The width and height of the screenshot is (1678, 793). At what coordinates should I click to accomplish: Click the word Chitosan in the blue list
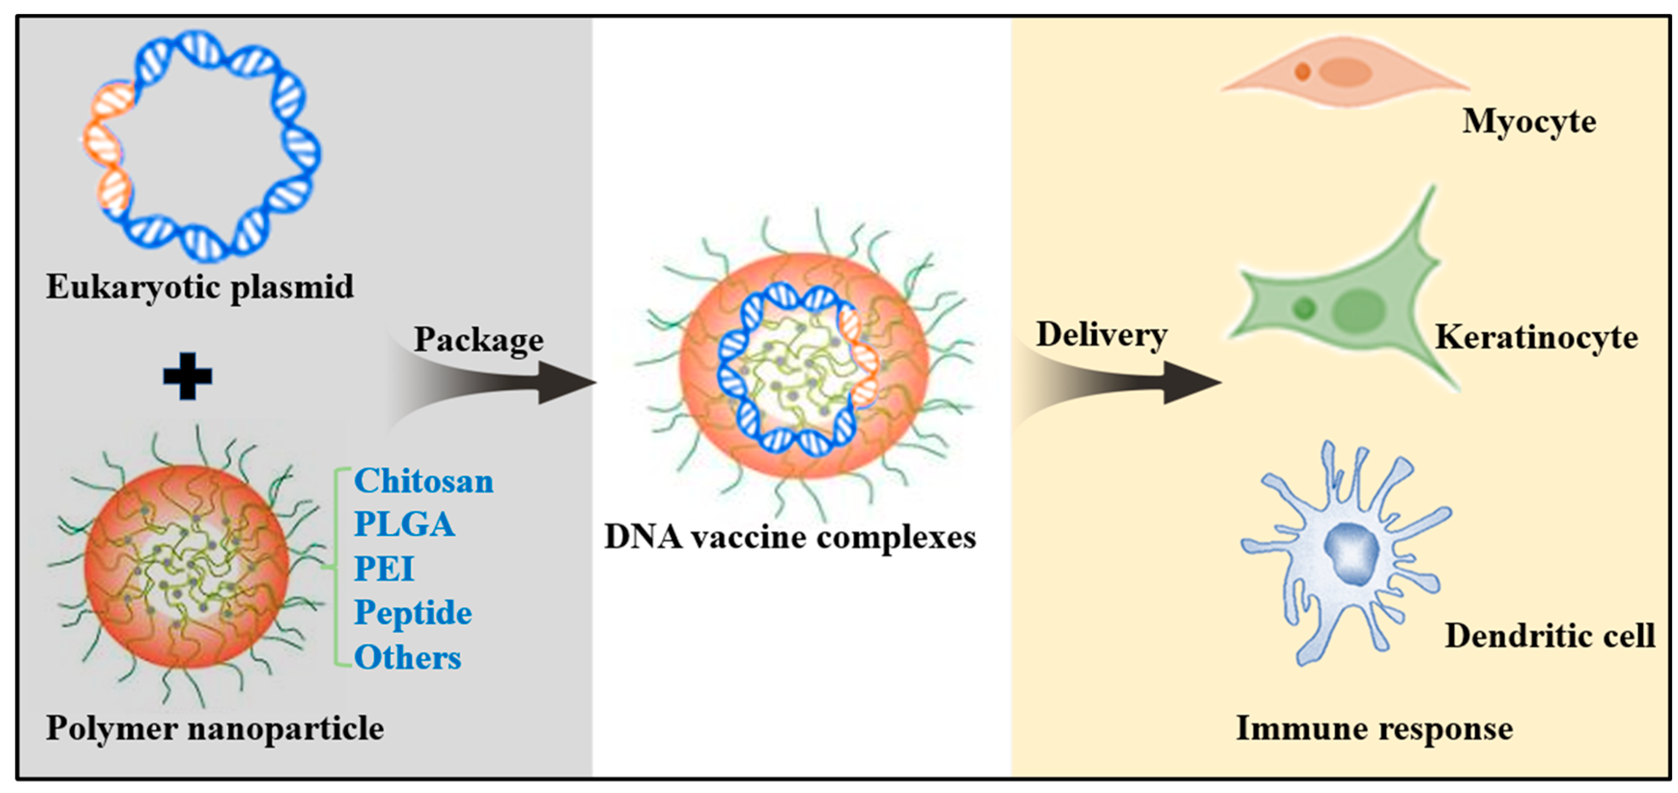tap(423, 482)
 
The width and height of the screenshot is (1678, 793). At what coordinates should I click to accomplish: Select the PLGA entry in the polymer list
tap(404, 525)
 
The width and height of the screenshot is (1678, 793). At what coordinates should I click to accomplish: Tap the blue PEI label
tap(384, 569)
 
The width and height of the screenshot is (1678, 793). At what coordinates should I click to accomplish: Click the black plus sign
tap(188, 376)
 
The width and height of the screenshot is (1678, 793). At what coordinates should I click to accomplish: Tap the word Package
tap(479, 339)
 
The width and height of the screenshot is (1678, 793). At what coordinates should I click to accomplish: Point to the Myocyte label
tap(1529, 122)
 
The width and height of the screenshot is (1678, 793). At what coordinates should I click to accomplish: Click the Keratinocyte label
tap(1536, 337)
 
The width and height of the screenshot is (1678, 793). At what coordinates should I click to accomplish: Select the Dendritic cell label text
tap(1550, 636)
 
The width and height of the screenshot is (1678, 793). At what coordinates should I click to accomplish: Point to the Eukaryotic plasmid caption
tap(200, 287)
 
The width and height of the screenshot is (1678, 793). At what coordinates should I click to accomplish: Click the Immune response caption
tap(1374, 728)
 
